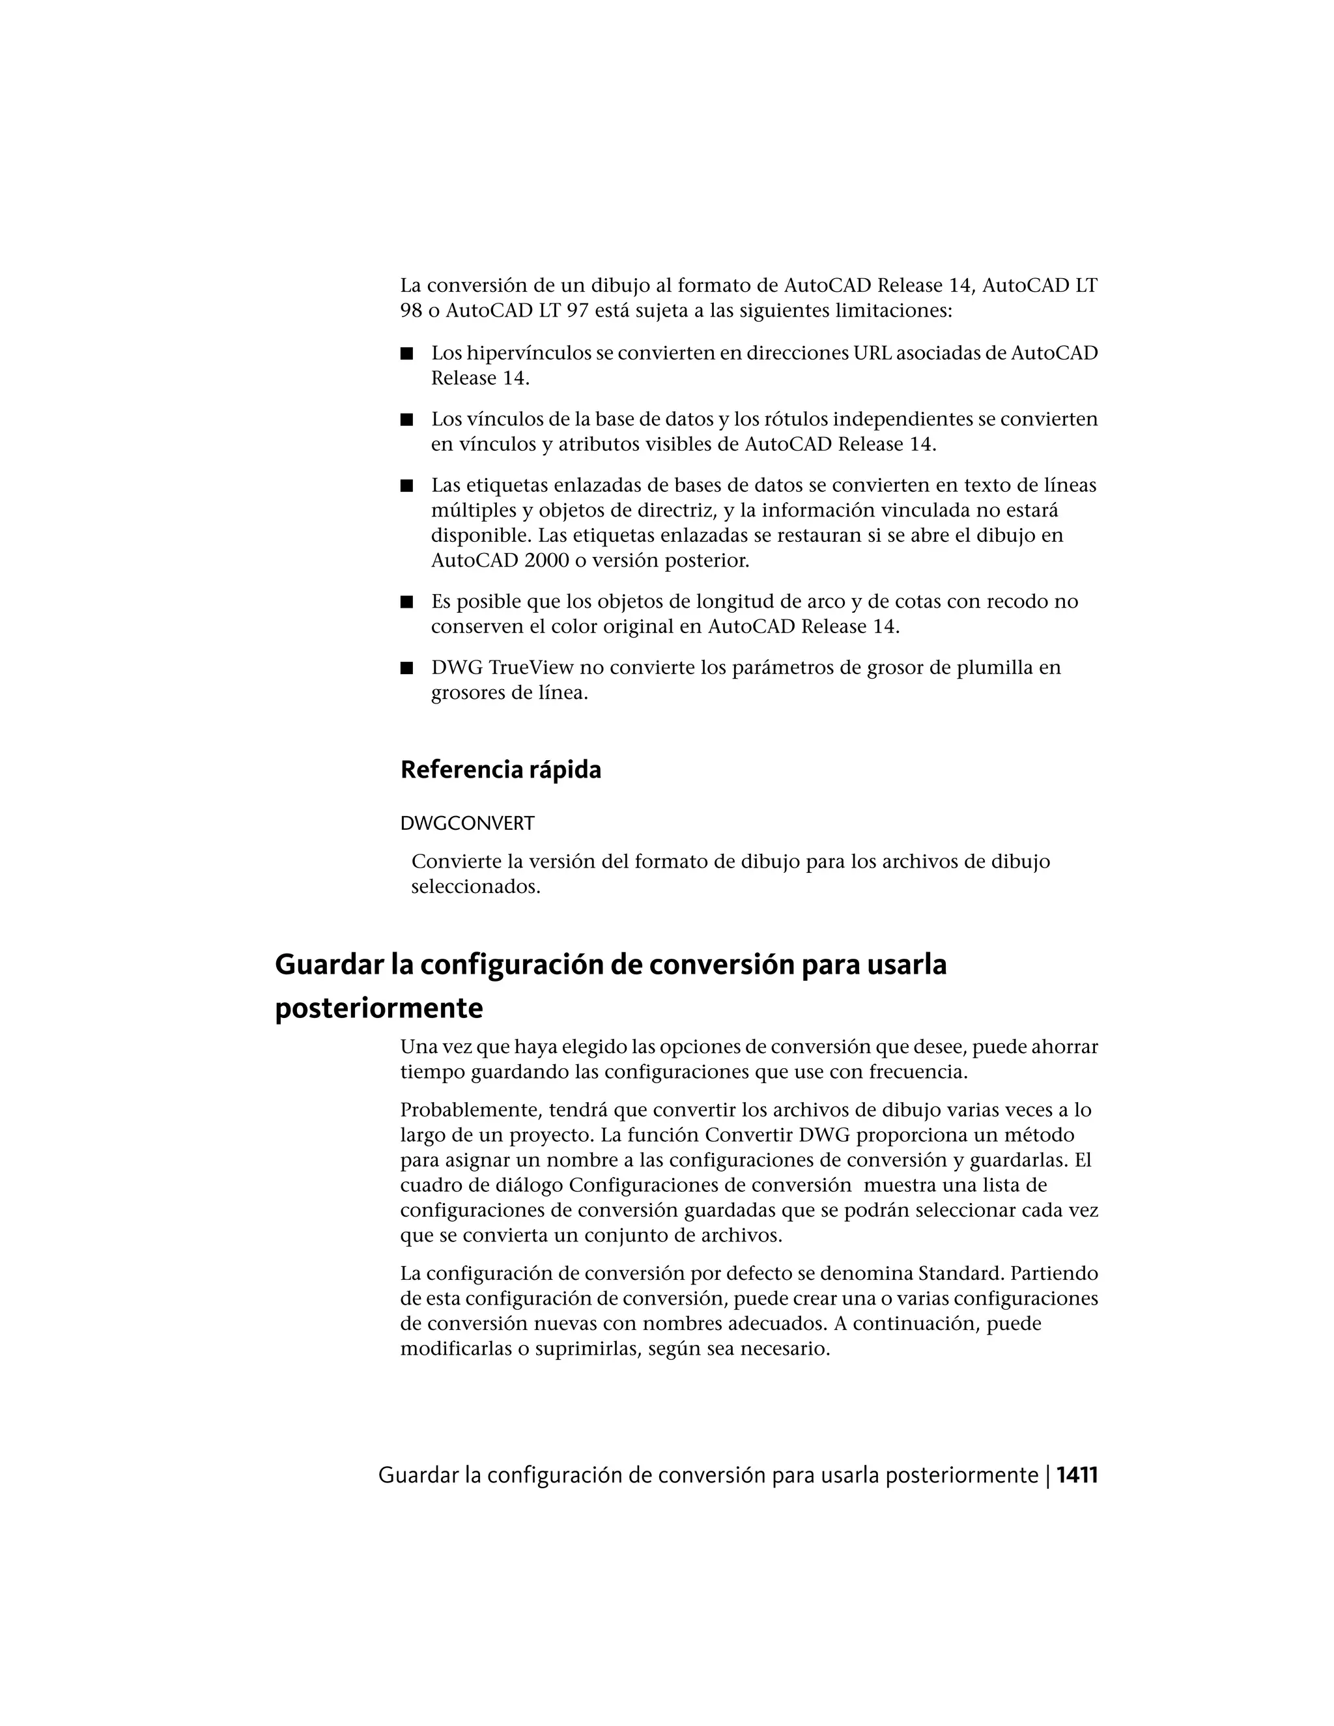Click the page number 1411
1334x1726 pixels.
[x=1077, y=1475]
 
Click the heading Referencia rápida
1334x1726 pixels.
[x=500, y=770]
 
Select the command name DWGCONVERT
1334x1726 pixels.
[x=467, y=823]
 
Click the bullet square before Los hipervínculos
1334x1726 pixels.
[x=407, y=353]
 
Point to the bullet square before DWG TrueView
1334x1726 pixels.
[x=407, y=668]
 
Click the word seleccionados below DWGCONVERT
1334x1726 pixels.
[x=475, y=886]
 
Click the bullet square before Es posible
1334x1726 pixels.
[x=407, y=602]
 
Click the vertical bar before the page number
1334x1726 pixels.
[x=1048, y=1475]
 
